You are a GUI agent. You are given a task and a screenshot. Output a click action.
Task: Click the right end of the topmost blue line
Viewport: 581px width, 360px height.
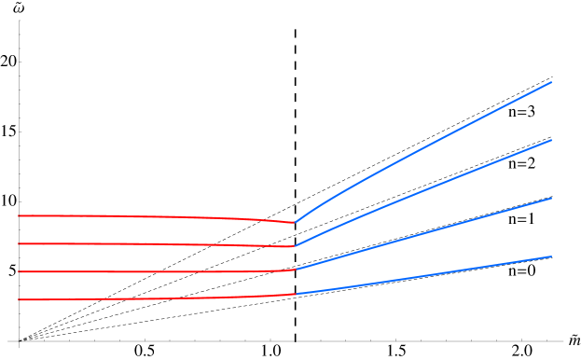(551, 82)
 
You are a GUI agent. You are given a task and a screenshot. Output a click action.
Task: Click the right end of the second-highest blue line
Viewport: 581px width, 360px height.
(551, 140)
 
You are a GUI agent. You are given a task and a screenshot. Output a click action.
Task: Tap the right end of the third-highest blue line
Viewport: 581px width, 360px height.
(551, 199)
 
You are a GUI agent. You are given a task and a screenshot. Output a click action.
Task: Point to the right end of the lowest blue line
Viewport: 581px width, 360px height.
(551, 256)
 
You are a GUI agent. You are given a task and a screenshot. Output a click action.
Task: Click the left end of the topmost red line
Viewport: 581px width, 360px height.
(19, 215)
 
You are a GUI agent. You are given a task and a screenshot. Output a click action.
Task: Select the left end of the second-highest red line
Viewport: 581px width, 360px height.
(19, 243)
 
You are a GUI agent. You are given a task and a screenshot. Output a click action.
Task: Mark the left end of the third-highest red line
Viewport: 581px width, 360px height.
(19, 271)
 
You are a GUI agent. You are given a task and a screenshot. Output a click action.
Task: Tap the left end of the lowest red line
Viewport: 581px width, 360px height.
(19, 299)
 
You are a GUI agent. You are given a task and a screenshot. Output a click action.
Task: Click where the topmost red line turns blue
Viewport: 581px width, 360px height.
(296, 222)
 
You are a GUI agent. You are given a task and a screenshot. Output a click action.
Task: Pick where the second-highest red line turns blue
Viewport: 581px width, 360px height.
(295, 246)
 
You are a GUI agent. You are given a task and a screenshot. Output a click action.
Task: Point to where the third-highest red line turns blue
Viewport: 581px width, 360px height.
(295, 270)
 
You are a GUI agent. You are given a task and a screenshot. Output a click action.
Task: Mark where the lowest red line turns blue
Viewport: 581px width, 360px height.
(296, 294)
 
